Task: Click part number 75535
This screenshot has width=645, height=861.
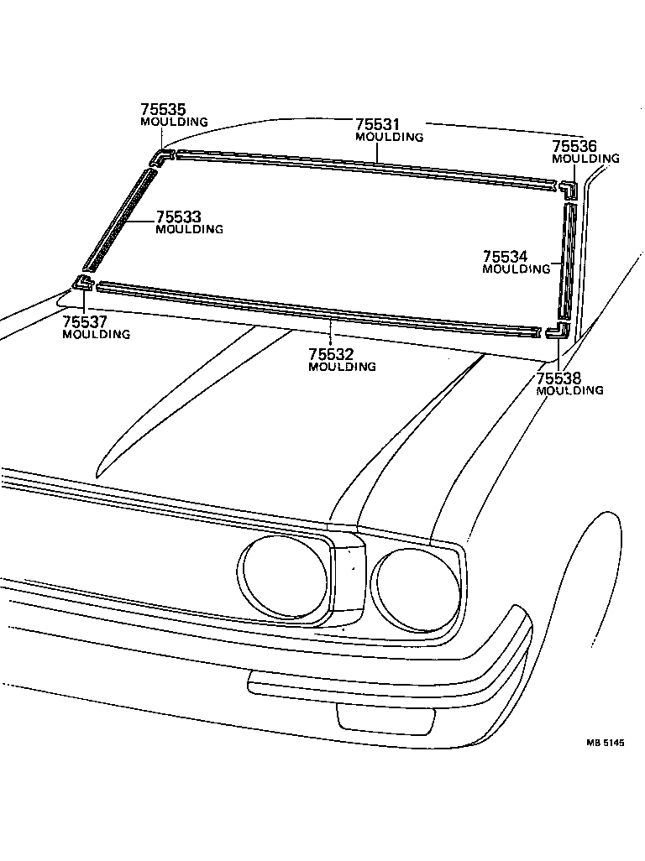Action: pos(163,109)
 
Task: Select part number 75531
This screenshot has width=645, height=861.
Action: pos(377,124)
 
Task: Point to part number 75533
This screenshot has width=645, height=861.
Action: pos(178,217)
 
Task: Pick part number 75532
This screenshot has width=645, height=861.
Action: pos(330,354)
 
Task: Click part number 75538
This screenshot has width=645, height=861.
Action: pos(558,378)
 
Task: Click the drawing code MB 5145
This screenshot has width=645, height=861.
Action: pos(606,742)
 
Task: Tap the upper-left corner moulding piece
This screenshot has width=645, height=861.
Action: pos(161,157)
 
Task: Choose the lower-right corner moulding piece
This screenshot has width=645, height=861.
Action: pos(558,331)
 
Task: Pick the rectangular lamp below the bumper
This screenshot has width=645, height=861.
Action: pos(385,717)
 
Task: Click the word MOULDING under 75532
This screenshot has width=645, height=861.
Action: pos(342,367)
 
